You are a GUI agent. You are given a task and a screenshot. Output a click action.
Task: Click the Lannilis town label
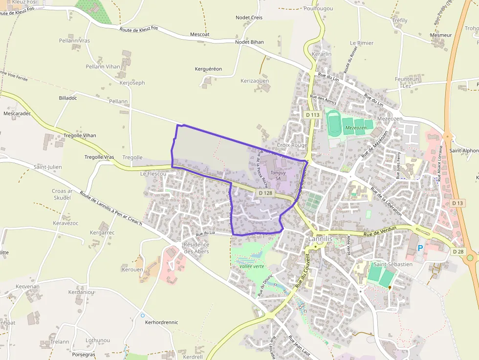[x=320, y=239]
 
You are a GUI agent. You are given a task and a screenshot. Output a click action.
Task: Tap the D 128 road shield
[x=265, y=193]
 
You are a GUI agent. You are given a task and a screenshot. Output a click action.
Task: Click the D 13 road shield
[x=457, y=203]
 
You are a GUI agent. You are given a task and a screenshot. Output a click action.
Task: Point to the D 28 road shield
[x=458, y=252]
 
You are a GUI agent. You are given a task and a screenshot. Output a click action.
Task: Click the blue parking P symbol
[x=420, y=249]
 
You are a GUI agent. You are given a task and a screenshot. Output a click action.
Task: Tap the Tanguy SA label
[x=278, y=175]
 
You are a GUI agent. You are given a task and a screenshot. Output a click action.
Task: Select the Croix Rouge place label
[x=292, y=145]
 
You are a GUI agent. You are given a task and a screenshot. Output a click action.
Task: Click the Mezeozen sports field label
[x=356, y=128]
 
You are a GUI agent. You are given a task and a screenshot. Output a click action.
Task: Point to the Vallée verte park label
[x=252, y=266]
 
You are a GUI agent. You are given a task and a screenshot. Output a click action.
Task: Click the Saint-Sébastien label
[x=393, y=264]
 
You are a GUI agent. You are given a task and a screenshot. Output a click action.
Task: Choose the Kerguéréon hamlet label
[x=208, y=69]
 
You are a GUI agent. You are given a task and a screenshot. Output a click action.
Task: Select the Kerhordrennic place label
[x=162, y=322]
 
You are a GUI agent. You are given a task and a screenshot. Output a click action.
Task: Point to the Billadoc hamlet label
[x=68, y=98]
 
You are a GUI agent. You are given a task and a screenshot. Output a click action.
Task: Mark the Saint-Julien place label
[x=48, y=167]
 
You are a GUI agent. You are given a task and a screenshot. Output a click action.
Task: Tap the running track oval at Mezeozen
[x=334, y=123]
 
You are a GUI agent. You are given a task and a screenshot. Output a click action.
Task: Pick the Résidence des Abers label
[x=196, y=248]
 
